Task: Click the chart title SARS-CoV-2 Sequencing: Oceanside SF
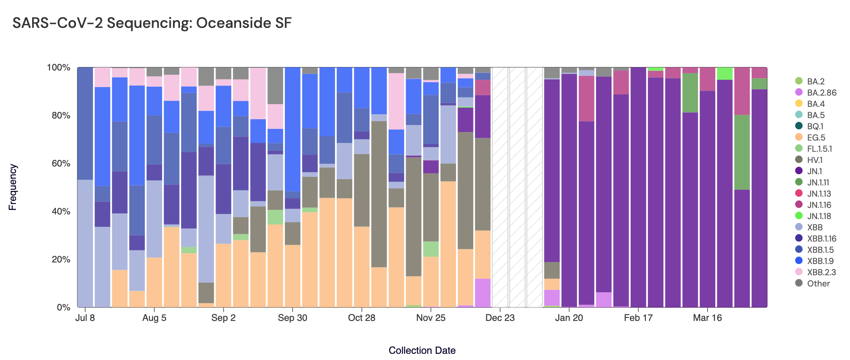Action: [152, 23]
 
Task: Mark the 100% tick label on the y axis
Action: [58, 68]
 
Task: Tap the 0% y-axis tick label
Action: [63, 307]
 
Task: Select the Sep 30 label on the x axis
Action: [293, 318]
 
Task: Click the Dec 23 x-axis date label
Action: [500, 318]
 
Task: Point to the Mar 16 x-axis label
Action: [707, 318]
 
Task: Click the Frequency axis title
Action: [13, 187]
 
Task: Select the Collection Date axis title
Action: [422, 350]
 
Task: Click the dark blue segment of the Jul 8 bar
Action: [85, 123]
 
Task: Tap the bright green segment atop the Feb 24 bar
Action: [656, 69]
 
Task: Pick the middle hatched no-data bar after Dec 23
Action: [518, 187]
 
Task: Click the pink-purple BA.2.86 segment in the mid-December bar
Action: [483, 293]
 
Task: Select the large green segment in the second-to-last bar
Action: [742, 152]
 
